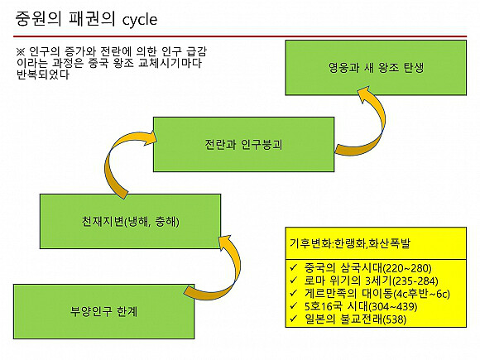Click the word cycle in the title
pos(140,20)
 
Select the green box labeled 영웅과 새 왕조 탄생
pos(376,68)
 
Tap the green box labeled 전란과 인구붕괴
pos(243,144)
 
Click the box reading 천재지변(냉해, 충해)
pos(131,221)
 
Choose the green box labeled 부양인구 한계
pos(103,312)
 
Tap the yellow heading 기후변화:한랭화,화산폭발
pos(349,243)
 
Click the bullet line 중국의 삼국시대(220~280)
pos(368,268)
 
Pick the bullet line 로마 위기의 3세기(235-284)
pos(371,281)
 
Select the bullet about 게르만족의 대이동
pos(377,294)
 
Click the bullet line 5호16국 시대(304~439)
pos(361,306)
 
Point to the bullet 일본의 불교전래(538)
pos(355,319)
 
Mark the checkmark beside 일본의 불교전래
pos(294,319)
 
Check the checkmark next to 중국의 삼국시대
pos(294,267)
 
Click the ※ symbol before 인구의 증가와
pos(21,51)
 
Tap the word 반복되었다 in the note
pos(43,74)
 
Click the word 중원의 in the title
pos(38,19)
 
